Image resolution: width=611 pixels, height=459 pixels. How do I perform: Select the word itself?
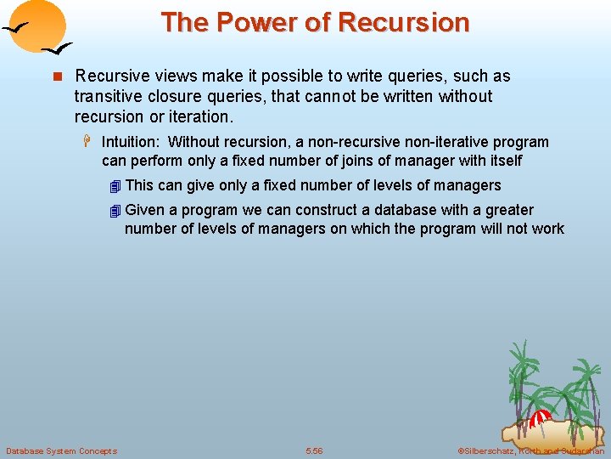click(502, 161)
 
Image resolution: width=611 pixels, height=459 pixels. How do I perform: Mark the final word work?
click(547, 229)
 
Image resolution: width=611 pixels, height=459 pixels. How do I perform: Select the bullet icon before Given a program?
click(115, 211)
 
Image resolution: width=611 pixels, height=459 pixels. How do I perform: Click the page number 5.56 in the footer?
click(314, 450)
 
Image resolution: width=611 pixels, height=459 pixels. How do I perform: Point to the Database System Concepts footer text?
click(61, 450)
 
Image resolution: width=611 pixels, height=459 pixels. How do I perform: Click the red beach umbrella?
click(540, 418)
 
